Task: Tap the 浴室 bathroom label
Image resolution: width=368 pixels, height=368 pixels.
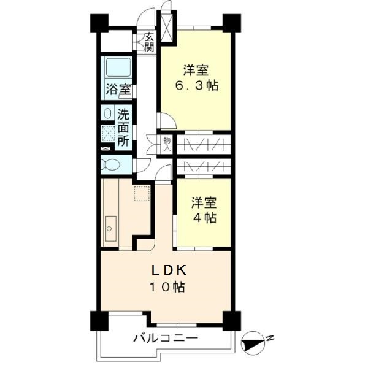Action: pos(117,89)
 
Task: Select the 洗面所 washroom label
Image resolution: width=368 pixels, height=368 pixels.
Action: pos(123,127)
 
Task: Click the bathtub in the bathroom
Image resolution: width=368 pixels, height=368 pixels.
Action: pos(117,68)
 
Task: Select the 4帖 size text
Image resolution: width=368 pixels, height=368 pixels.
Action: pos(203,217)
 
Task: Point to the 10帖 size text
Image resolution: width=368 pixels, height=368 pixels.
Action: pos(165,286)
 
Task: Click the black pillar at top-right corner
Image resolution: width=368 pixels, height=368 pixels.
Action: pos(231,23)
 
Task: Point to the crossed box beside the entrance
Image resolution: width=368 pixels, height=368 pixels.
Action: pos(166,22)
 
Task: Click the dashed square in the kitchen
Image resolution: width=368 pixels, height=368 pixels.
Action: pos(142,196)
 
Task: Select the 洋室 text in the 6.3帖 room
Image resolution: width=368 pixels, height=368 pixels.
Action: pos(195,70)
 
